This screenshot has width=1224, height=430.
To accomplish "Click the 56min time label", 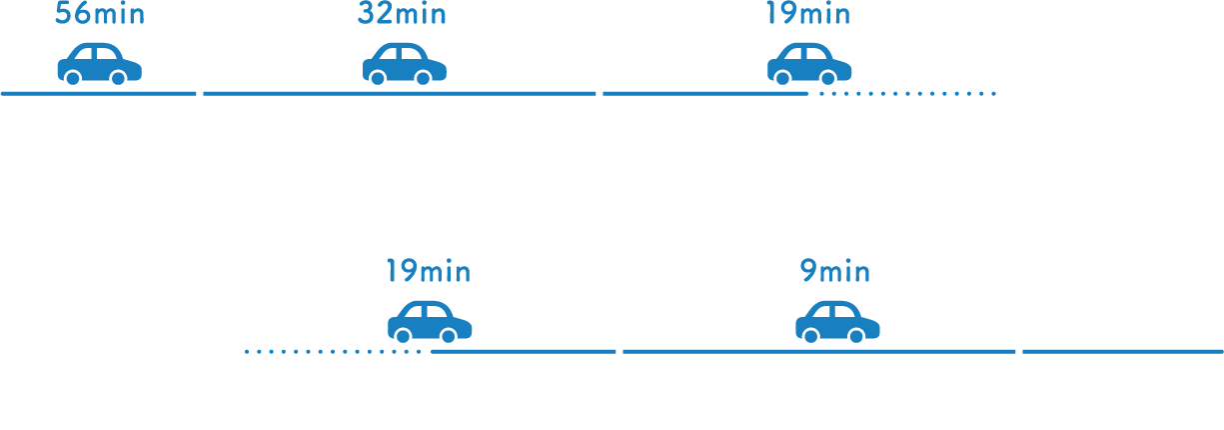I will [x=101, y=14].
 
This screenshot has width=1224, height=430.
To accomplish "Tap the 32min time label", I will [x=402, y=14].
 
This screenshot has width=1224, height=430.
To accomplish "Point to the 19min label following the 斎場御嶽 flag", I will [x=807, y=14].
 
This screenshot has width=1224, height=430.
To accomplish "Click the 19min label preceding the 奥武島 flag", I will [x=428, y=271].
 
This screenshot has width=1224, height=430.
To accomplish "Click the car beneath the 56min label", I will [x=99, y=64].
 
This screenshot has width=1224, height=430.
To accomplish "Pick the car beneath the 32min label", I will [x=404, y=64].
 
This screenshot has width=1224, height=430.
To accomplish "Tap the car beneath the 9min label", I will [x=837, y=321].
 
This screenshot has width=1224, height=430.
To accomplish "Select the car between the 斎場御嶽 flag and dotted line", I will [x=809, y=64].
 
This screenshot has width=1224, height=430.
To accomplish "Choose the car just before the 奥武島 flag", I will [x=430, y=321].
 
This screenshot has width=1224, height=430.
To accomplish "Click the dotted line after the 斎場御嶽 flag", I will [x=907, y=93].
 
